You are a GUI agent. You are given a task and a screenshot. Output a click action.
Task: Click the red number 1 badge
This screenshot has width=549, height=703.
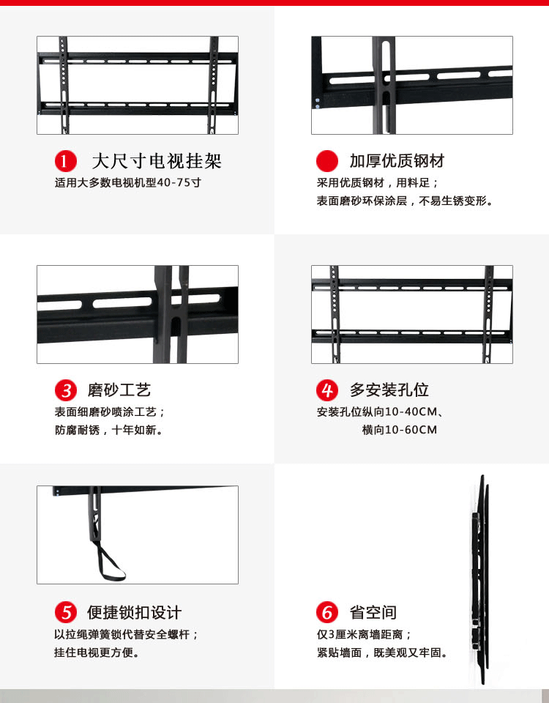click(66, 161)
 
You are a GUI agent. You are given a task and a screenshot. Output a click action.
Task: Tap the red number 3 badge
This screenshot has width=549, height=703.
click(66, 390)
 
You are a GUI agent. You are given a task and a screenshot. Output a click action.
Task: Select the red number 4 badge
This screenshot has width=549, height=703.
click(326, 390)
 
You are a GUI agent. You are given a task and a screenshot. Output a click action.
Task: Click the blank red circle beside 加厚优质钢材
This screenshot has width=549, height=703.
click(326, 161)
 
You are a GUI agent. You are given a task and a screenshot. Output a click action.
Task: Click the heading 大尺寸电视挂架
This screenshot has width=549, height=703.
click(156, 161)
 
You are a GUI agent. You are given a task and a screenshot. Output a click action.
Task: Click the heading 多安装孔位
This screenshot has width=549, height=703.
click(389, 390)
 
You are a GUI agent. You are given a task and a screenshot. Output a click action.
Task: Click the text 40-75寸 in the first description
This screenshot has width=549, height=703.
click(176, 182)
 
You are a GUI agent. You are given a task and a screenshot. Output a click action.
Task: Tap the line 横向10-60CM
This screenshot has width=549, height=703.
click(399, 430)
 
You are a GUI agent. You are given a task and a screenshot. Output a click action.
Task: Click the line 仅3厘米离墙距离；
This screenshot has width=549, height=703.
click(365, 634)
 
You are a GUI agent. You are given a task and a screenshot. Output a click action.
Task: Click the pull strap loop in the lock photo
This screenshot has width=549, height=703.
click(110, 563)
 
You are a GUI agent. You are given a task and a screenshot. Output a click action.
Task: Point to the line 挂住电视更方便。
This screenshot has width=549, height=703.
click(97, 652)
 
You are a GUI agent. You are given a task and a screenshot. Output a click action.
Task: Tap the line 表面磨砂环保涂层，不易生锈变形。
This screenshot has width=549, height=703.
click(405, 201)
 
